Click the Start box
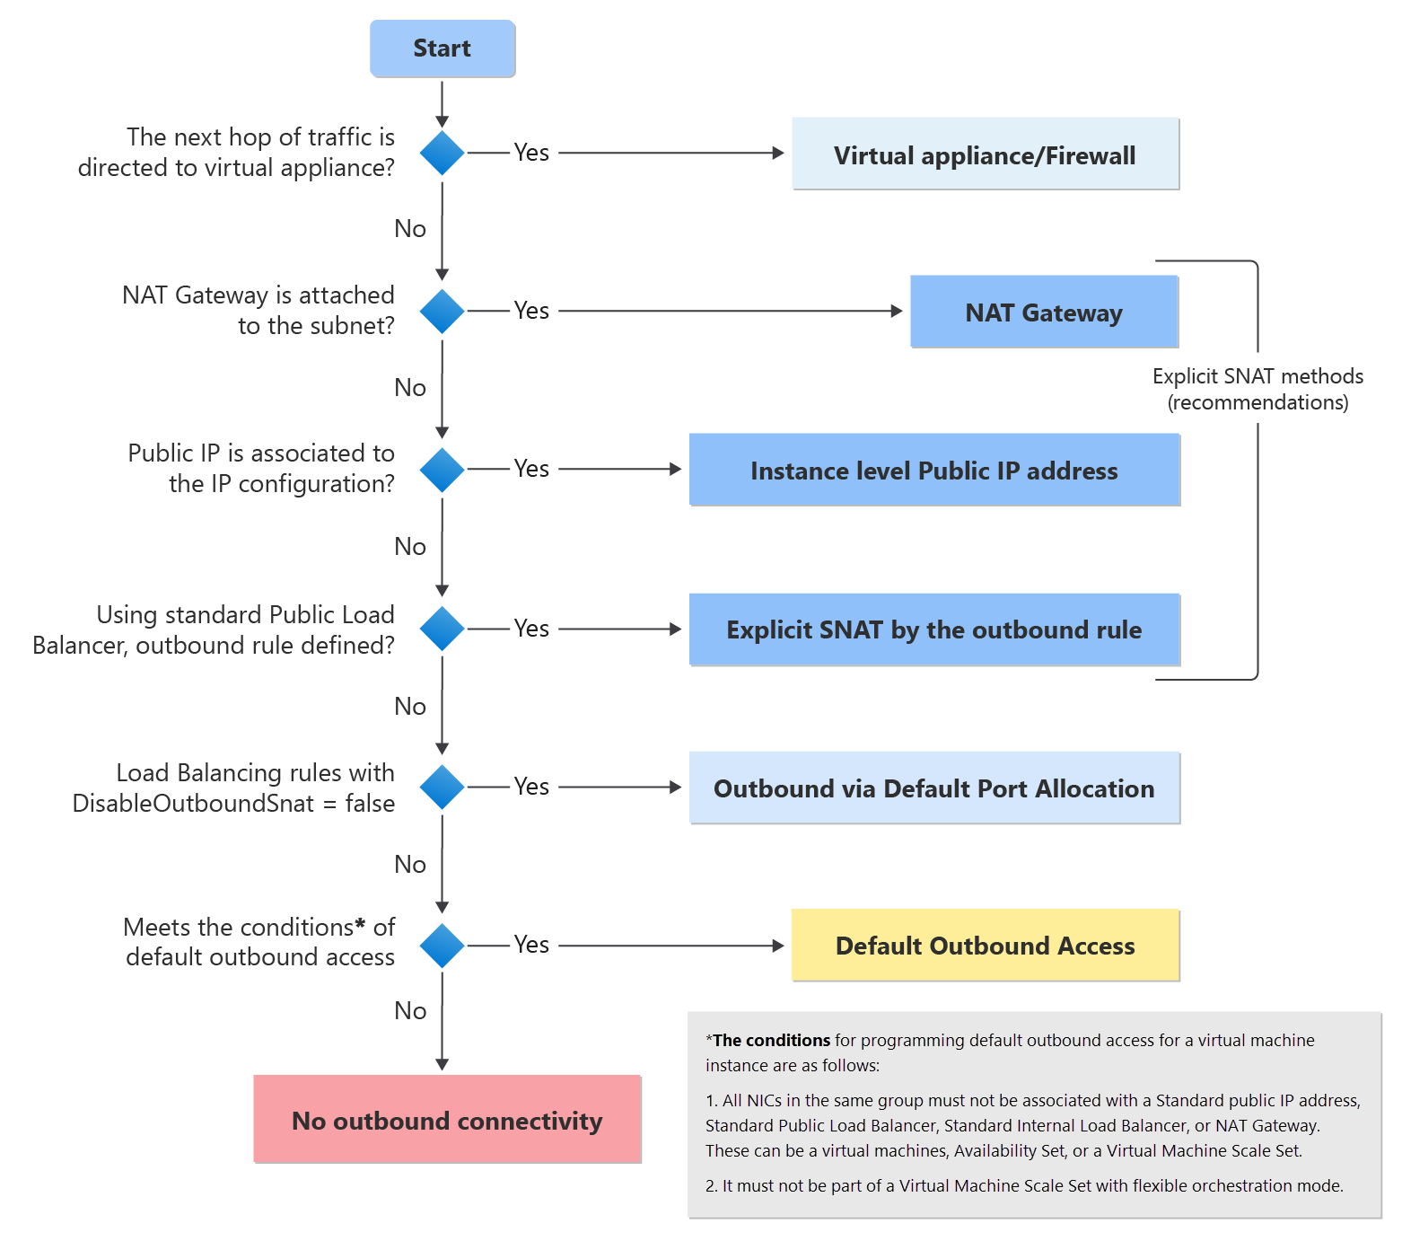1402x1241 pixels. coord(443,48)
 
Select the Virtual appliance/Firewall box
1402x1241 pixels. coord(985,154)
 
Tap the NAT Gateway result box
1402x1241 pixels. coord(1043,312)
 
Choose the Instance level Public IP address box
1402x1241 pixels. coord(933,471)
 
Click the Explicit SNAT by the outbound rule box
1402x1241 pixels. coord(933,629)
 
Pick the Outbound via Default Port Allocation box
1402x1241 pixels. coord(933,788)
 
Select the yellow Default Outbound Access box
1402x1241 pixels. coord(985,946)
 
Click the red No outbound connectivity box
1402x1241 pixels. coord(447,1120)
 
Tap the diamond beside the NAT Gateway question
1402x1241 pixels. coord(443,311)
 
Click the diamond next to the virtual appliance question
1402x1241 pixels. coord(443,153)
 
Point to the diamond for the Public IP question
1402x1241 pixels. coord(443,470)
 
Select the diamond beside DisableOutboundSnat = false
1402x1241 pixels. coord(443,787)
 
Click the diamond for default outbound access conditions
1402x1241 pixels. coord(443,946)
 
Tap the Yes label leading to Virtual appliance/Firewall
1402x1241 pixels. coord(531,153)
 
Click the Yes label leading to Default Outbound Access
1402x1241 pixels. coord(531,945)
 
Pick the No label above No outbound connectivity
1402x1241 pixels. coord(410,1011)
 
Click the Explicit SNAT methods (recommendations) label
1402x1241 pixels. coord(1257,389)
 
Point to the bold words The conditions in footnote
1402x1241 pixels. coord(772,1040)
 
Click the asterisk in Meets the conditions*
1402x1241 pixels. coord(361,924)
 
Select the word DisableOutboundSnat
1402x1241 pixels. coord(193,803)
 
